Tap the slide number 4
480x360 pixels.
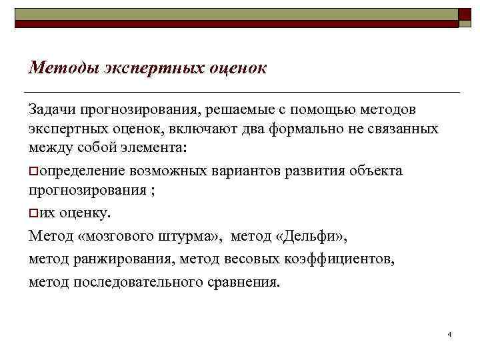click(x=451, y=333)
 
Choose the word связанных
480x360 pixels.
click(x=404, y=128)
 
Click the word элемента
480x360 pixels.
click(x=151, y=147)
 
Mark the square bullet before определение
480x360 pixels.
click(x=33, y=172)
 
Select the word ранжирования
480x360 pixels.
click(x=111, y=259)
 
